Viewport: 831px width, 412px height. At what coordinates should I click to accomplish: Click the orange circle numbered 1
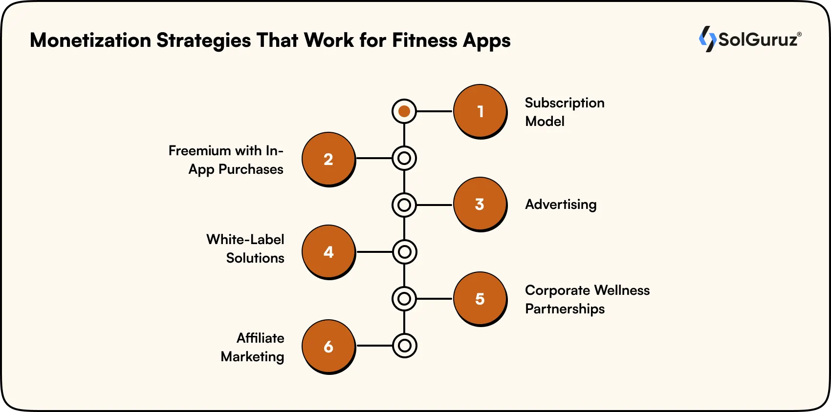pyautogui.click(x=480, y=111)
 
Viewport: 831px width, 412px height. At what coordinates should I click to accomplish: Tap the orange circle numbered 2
pyautogui.click(x=328, y=159)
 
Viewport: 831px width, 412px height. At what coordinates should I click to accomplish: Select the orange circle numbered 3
pyautogui.click(x=480, y=204)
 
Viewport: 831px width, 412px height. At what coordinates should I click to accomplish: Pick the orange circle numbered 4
pyautogui.click(x=328, y=251)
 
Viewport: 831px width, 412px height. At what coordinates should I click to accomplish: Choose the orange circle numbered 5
pyautogui.click(x=480, y=298)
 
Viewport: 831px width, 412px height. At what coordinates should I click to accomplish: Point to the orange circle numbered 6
pyautogui.click(x=328, y=346)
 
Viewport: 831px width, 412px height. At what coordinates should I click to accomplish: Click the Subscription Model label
pyautogui.click(x=564, y=112)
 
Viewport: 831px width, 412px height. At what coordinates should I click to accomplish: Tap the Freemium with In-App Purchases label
pyautogui.click(x=226, y=160)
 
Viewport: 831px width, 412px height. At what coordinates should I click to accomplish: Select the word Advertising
pyautogui.click(x=561, y=205)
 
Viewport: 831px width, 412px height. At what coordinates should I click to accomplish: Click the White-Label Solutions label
pyautogui.click(x=245, y=248)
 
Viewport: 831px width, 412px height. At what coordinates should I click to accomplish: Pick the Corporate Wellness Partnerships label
pyautogui.click(x=587, y=299)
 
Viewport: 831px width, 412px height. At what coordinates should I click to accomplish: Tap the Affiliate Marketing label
pyautogui.click(x=253, y=347)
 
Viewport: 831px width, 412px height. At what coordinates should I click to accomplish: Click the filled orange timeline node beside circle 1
pyautogui.click(x=404, y=111)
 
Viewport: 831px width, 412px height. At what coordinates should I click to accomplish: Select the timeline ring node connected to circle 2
pyautogui.click(x=404, y=158)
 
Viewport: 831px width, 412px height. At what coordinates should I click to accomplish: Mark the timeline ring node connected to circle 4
pyautogui.click(x=404, y=252)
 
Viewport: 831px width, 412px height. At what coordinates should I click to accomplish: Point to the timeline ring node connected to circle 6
pyautogui.click(x=404, y=346)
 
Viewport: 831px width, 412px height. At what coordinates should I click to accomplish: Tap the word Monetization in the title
pyautogui.click(x=90, y=41)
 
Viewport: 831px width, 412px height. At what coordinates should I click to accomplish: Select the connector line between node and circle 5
pyautogui.click(x=435, y=298)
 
